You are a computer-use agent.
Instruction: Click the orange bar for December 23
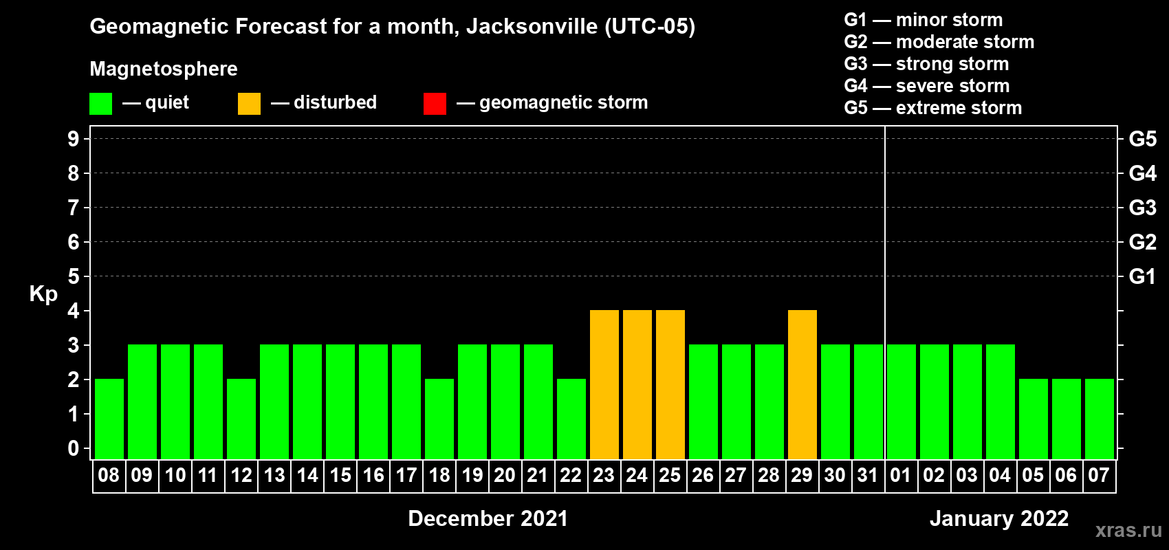pyautogui.click(x=604, y=384)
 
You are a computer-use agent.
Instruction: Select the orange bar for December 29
pyautogui.click(x=802, y=384)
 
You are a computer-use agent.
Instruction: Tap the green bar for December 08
pyautogui.click(x=109, y=419)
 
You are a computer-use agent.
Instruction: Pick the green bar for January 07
pyautogui.click(x=1100, y=419)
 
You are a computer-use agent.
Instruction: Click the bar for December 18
pyautogui.click(x=439, y=419)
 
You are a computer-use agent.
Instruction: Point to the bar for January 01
pyautogui.click(x=902, y=401)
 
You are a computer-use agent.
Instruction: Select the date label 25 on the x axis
pyautogui.click(x=670, y=475)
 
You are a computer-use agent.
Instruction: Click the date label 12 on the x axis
pyautogui.click(x=241, y=475)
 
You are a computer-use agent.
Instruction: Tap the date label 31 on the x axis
pyautogui.click(x=868, y=475)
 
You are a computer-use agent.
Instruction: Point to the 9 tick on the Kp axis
pyautogui.click(x=74, y=139)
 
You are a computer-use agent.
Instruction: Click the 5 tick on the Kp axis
pyautogui.click(x=74, y=276)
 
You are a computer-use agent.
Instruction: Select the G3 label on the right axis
pyautogui.click(x=1142, y=208)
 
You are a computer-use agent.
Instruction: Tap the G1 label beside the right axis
pyautogui.click(x=1142, y=276)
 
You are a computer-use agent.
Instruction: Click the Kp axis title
pyautogui.click(x=43, y=294)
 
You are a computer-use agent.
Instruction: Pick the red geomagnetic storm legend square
pyautogui.click(x=435, y=104)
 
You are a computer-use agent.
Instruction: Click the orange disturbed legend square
pyautogui.click(x=249, y=104)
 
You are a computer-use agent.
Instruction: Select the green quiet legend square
pyautogui.click(x=100, y=104)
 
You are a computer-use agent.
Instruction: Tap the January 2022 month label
pyautogui.click(x=999, y=518)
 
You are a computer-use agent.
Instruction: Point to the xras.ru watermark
pyautogui.click(x=1128, y=530)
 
